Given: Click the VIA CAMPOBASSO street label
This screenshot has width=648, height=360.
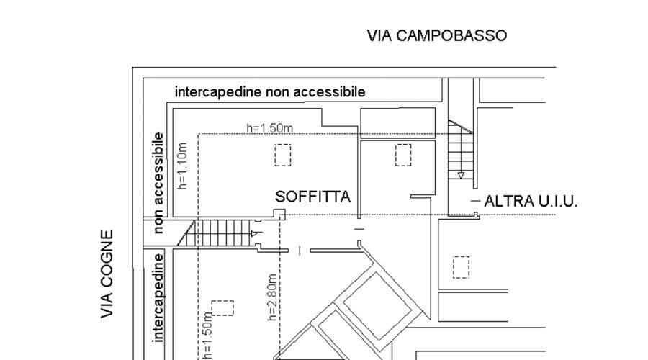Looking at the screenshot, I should pos(436,35).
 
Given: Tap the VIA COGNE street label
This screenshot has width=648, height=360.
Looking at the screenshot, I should pos(107,274).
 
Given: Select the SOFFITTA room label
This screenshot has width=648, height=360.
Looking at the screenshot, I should pos(313,197).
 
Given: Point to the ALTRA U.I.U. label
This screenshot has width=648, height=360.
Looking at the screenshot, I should pos(531,202).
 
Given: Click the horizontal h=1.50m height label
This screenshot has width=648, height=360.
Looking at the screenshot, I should pos(269,128).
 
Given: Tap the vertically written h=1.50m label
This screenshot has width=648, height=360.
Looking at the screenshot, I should pos(208,335).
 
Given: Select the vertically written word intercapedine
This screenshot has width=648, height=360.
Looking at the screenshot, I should pos(158,297).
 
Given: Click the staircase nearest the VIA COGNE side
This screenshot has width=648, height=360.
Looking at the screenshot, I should pos(220,233).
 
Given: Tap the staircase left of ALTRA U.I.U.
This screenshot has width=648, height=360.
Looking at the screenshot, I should pos(460,151).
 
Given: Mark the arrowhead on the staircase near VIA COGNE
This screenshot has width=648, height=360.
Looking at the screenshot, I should pos(253,233).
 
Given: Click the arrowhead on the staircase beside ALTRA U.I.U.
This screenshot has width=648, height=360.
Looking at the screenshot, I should pos(461,175).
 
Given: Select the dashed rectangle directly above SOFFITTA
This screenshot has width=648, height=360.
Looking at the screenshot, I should pos(283,155).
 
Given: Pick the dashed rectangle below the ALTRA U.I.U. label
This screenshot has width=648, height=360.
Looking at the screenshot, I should pos(461,267).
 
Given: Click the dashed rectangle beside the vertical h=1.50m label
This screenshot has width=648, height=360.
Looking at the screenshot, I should pos(222,308).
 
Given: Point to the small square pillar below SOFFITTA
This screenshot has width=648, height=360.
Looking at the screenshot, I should pos(280,214).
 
